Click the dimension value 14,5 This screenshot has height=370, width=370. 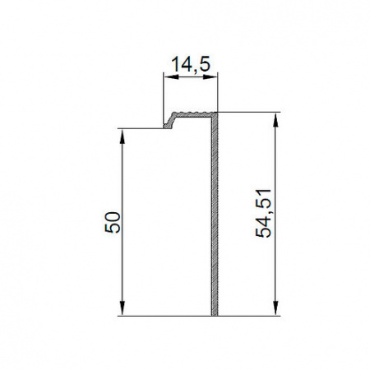(191, 64)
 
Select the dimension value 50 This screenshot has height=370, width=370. (113, 222)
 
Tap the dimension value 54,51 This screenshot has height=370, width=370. (263, 213)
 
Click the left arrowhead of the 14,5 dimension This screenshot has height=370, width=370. (170, 77)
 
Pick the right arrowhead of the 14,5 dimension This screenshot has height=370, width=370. (210, 77)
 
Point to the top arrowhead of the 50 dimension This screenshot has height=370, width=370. (123, 136)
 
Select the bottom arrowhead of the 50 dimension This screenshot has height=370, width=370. (123, 309)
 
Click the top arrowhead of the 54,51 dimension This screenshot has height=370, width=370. (275, 119)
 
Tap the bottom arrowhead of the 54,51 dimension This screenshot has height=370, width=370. (275, 309)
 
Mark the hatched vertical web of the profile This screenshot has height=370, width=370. (215, 216)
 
